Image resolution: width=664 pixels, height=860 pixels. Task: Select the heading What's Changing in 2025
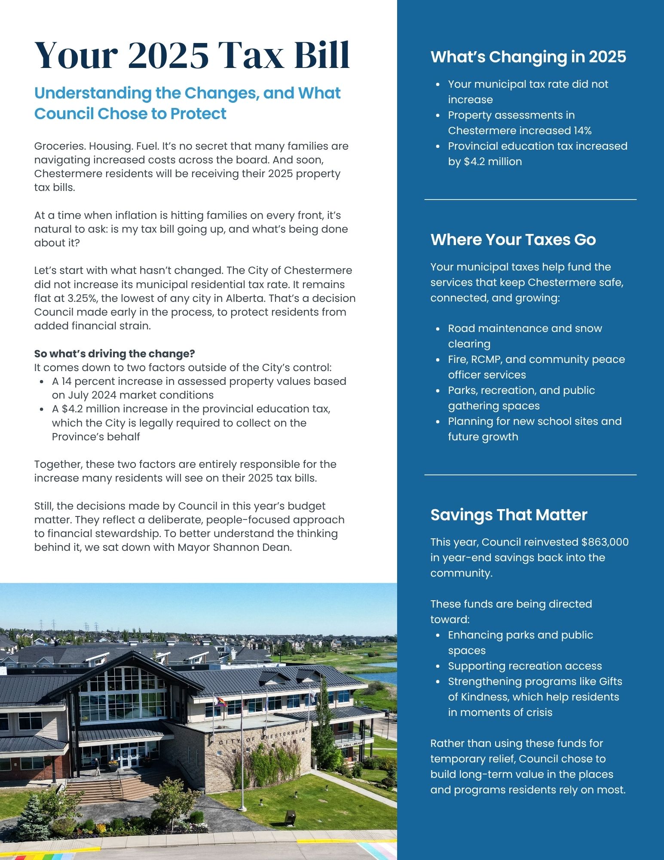(x=528, y=57)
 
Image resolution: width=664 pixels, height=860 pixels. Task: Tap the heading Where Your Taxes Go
(x=513, y=240)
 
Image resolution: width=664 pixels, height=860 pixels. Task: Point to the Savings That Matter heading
(x=508, y=515)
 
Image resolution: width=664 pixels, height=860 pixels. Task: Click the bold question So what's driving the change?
(x=114, y=353)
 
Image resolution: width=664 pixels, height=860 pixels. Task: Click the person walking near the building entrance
(x=97, y=766)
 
